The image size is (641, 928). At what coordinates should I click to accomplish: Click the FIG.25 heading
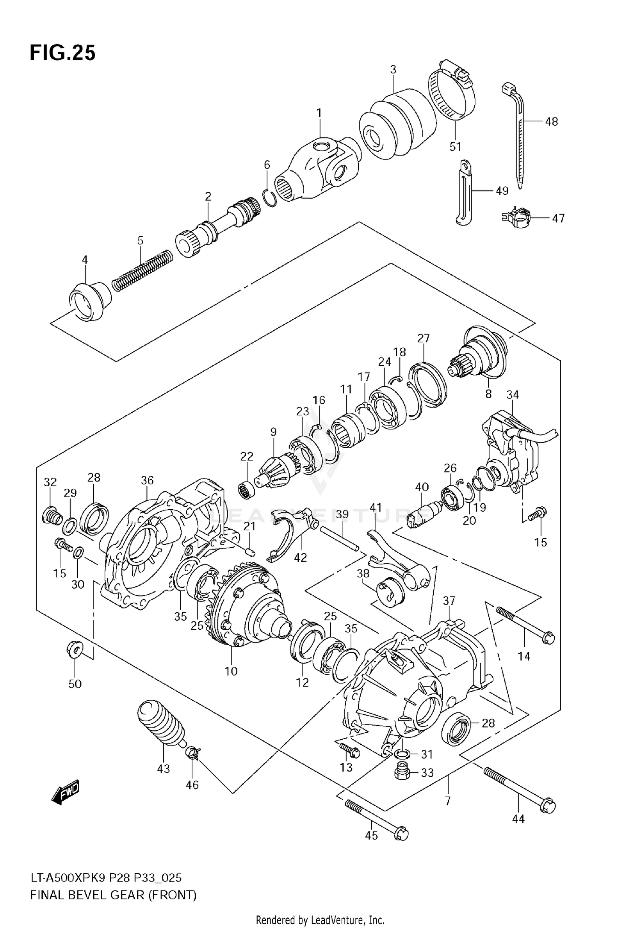62,53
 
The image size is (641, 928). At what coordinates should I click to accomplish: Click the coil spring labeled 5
142,271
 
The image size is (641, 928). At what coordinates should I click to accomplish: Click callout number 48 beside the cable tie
551,122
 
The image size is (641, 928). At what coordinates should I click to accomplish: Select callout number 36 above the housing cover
147,481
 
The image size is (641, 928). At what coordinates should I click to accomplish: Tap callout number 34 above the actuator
512,395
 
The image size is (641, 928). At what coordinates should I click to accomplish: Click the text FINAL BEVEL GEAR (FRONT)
113,896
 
